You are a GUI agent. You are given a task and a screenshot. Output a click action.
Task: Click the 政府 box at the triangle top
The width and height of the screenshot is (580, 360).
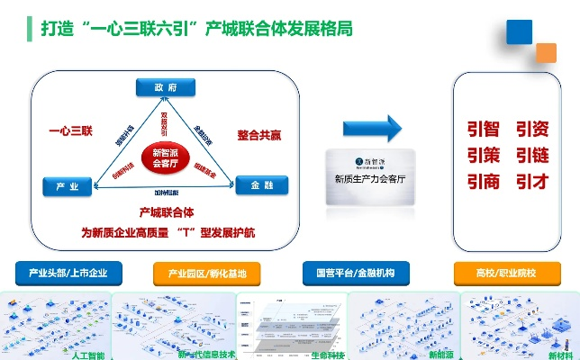pyautogui.click(x=165, y=87)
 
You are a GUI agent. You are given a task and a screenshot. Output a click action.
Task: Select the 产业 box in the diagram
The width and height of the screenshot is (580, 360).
pyautogui.click(x=68, y=187)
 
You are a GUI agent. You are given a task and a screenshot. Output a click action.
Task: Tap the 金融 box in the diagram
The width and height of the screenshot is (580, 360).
pyautogui.click(x=261, y=186)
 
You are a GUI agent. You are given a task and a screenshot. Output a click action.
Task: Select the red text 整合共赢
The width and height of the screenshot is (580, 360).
pyautogui.click(x=259, y=135)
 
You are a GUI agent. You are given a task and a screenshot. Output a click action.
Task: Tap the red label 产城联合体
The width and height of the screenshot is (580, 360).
pyautogui.click(x=168, y=213)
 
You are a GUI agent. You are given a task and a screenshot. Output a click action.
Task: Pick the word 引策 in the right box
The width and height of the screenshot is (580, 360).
pyautogui.click(x=483, y=156)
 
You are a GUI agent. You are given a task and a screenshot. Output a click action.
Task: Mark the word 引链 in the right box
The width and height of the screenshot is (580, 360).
pyautogui.click(x=532, y=156)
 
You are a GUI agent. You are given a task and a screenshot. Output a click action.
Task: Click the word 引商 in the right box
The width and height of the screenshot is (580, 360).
pyautogui.click(x=483, y=181)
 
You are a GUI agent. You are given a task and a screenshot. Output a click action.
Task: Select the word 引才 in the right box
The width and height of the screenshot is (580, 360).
pyautogui.click(x=532, y=181)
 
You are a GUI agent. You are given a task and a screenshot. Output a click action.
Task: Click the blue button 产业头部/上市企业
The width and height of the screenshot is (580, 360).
pyautogui.click(x=68, y=272)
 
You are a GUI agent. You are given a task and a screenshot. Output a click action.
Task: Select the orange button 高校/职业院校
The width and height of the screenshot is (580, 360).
pyautogui.click(x=505, y=272)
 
